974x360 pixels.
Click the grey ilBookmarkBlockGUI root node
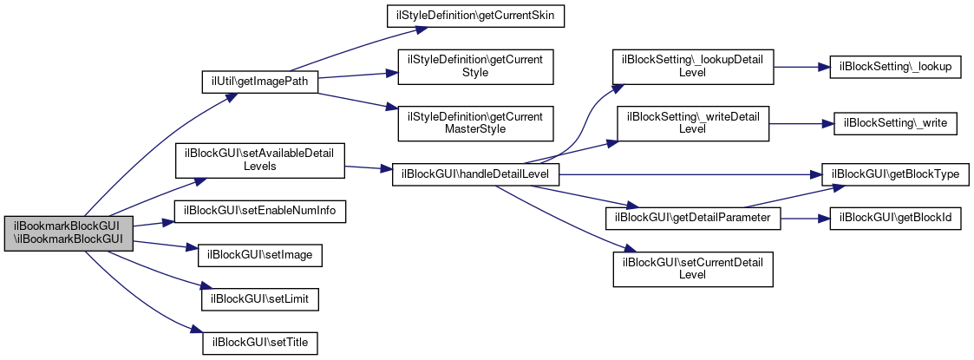coord(69,233)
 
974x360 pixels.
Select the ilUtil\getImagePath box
coord(260,82)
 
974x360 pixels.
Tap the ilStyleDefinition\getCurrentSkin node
coord(475,16)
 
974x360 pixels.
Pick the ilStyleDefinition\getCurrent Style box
coord(475,67)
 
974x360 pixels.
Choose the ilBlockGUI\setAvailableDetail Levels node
coord(260,161)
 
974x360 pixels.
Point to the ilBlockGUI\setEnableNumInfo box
coord(260,212)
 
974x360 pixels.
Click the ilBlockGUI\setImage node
coord(260,256)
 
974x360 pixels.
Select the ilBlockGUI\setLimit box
coord(260,299)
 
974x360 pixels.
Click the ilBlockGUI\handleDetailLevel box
coord(476,174)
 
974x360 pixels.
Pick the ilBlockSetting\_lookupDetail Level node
coord(693,67)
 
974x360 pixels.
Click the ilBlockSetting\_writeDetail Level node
coord(693,123)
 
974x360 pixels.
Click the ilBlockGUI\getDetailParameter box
coord(693,219)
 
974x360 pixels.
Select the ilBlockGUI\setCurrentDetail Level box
coord(693,269)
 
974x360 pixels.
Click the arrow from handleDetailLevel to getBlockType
coord(690,174)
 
